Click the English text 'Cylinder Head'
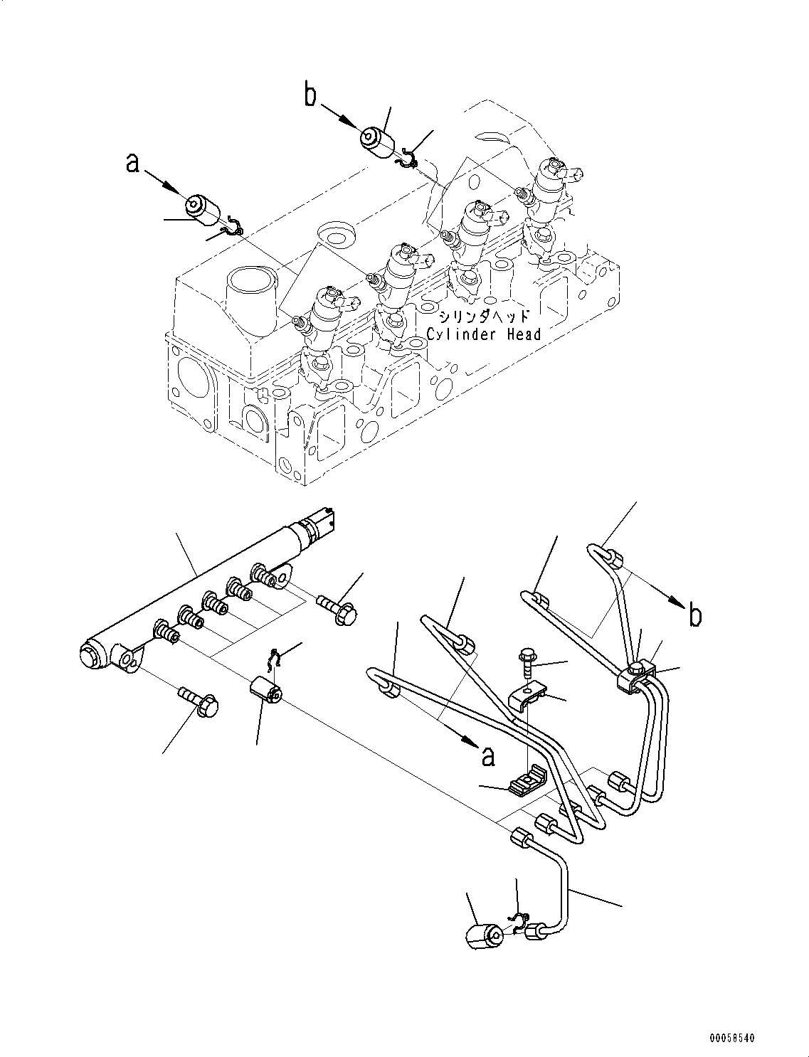click(483, 334)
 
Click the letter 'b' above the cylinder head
click(311, 95)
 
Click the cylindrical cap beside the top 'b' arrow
click(378, 141)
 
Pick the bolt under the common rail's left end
click(199, 700)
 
